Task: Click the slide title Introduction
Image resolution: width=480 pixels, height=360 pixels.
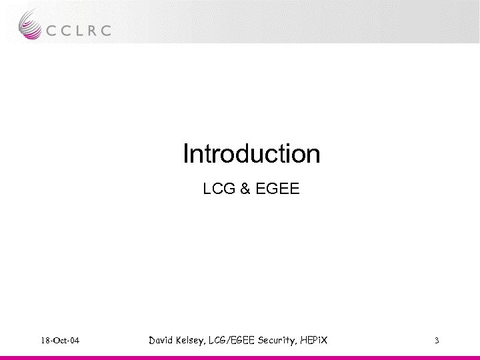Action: click(251, 154)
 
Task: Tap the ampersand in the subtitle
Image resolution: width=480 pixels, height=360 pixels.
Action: click(244, 190)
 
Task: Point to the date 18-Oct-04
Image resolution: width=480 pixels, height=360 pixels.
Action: click(59, 341)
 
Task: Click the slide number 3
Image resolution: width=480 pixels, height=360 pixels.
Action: click(436, 341)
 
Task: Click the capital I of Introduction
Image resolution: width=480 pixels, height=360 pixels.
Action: click(186, 154)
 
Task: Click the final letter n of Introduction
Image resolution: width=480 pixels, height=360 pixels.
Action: click(314, 155)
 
